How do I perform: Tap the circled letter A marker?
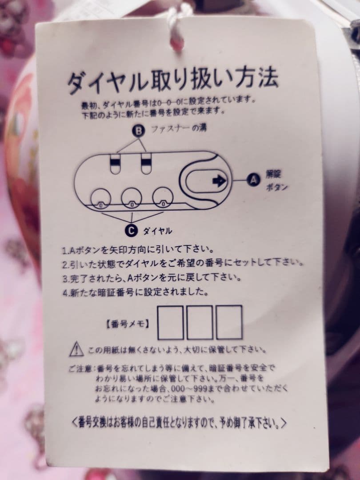click(x=253, y=180)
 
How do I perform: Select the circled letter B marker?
click(x=139, y=131)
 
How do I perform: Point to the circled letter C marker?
click(x=131, y=230)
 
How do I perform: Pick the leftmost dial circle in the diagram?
click(x=101, y=198)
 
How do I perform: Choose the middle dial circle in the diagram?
click(x=132, y=198)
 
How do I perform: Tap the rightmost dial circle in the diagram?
click(x=163, y=198)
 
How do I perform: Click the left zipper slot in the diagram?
click(x=115, y=164)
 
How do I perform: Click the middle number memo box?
click(x=200, y=323)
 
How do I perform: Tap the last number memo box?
click(x=229, y=322)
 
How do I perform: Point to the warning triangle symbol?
click(x=76, y=348)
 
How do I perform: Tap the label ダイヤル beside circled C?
click(x=157, y=231)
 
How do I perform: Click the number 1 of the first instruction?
click(x=64, y=250)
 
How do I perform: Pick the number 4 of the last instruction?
click(x=64, y=293)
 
